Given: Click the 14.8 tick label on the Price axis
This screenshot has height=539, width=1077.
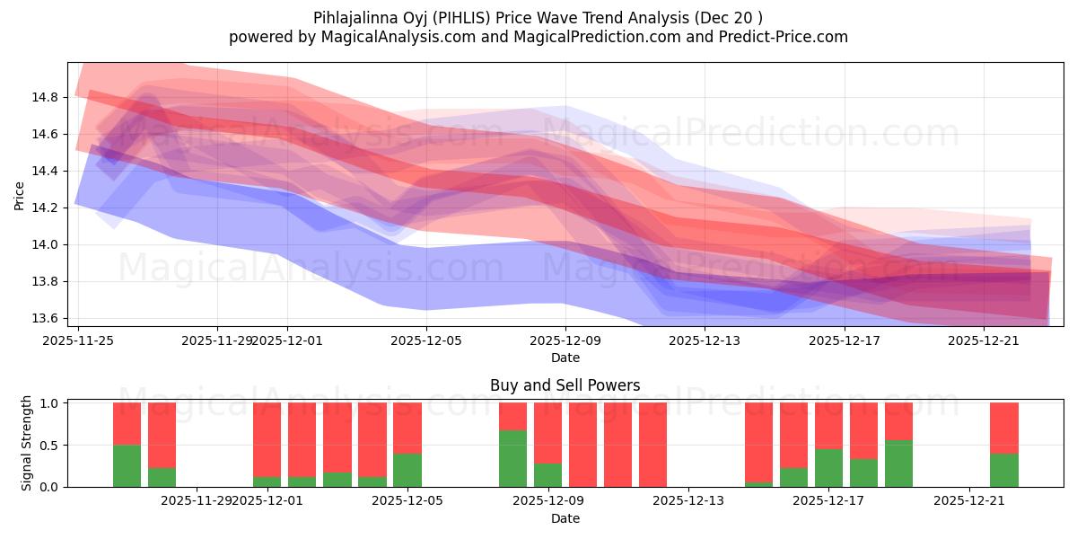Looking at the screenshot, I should tap(46, 97).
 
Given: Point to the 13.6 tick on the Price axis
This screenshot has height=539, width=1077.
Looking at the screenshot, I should tap(46, 318).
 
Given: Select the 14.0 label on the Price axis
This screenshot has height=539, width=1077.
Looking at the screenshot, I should tap(46, 244).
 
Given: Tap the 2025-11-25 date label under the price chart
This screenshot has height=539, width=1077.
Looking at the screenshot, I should tap(78, 340).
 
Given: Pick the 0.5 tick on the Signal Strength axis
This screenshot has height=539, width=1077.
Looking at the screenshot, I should tap(49, 446).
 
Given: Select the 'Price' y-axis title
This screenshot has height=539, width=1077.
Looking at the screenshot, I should tap(20, 194).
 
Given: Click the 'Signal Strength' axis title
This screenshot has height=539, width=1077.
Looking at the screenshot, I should tap(27, 443).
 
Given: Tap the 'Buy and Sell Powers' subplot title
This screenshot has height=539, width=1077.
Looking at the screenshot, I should tap(565, 385).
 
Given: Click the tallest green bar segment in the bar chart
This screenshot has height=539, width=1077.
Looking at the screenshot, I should tap(512, 458).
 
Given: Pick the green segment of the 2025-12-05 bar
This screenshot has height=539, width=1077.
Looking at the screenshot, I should tap(407, 470).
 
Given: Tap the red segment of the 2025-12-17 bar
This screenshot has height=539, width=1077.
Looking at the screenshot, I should tap(828, 425).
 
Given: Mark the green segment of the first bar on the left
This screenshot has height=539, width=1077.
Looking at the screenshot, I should tap(127, 466).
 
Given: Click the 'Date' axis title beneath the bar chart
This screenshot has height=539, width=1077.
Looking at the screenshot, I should tap(565, 518).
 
